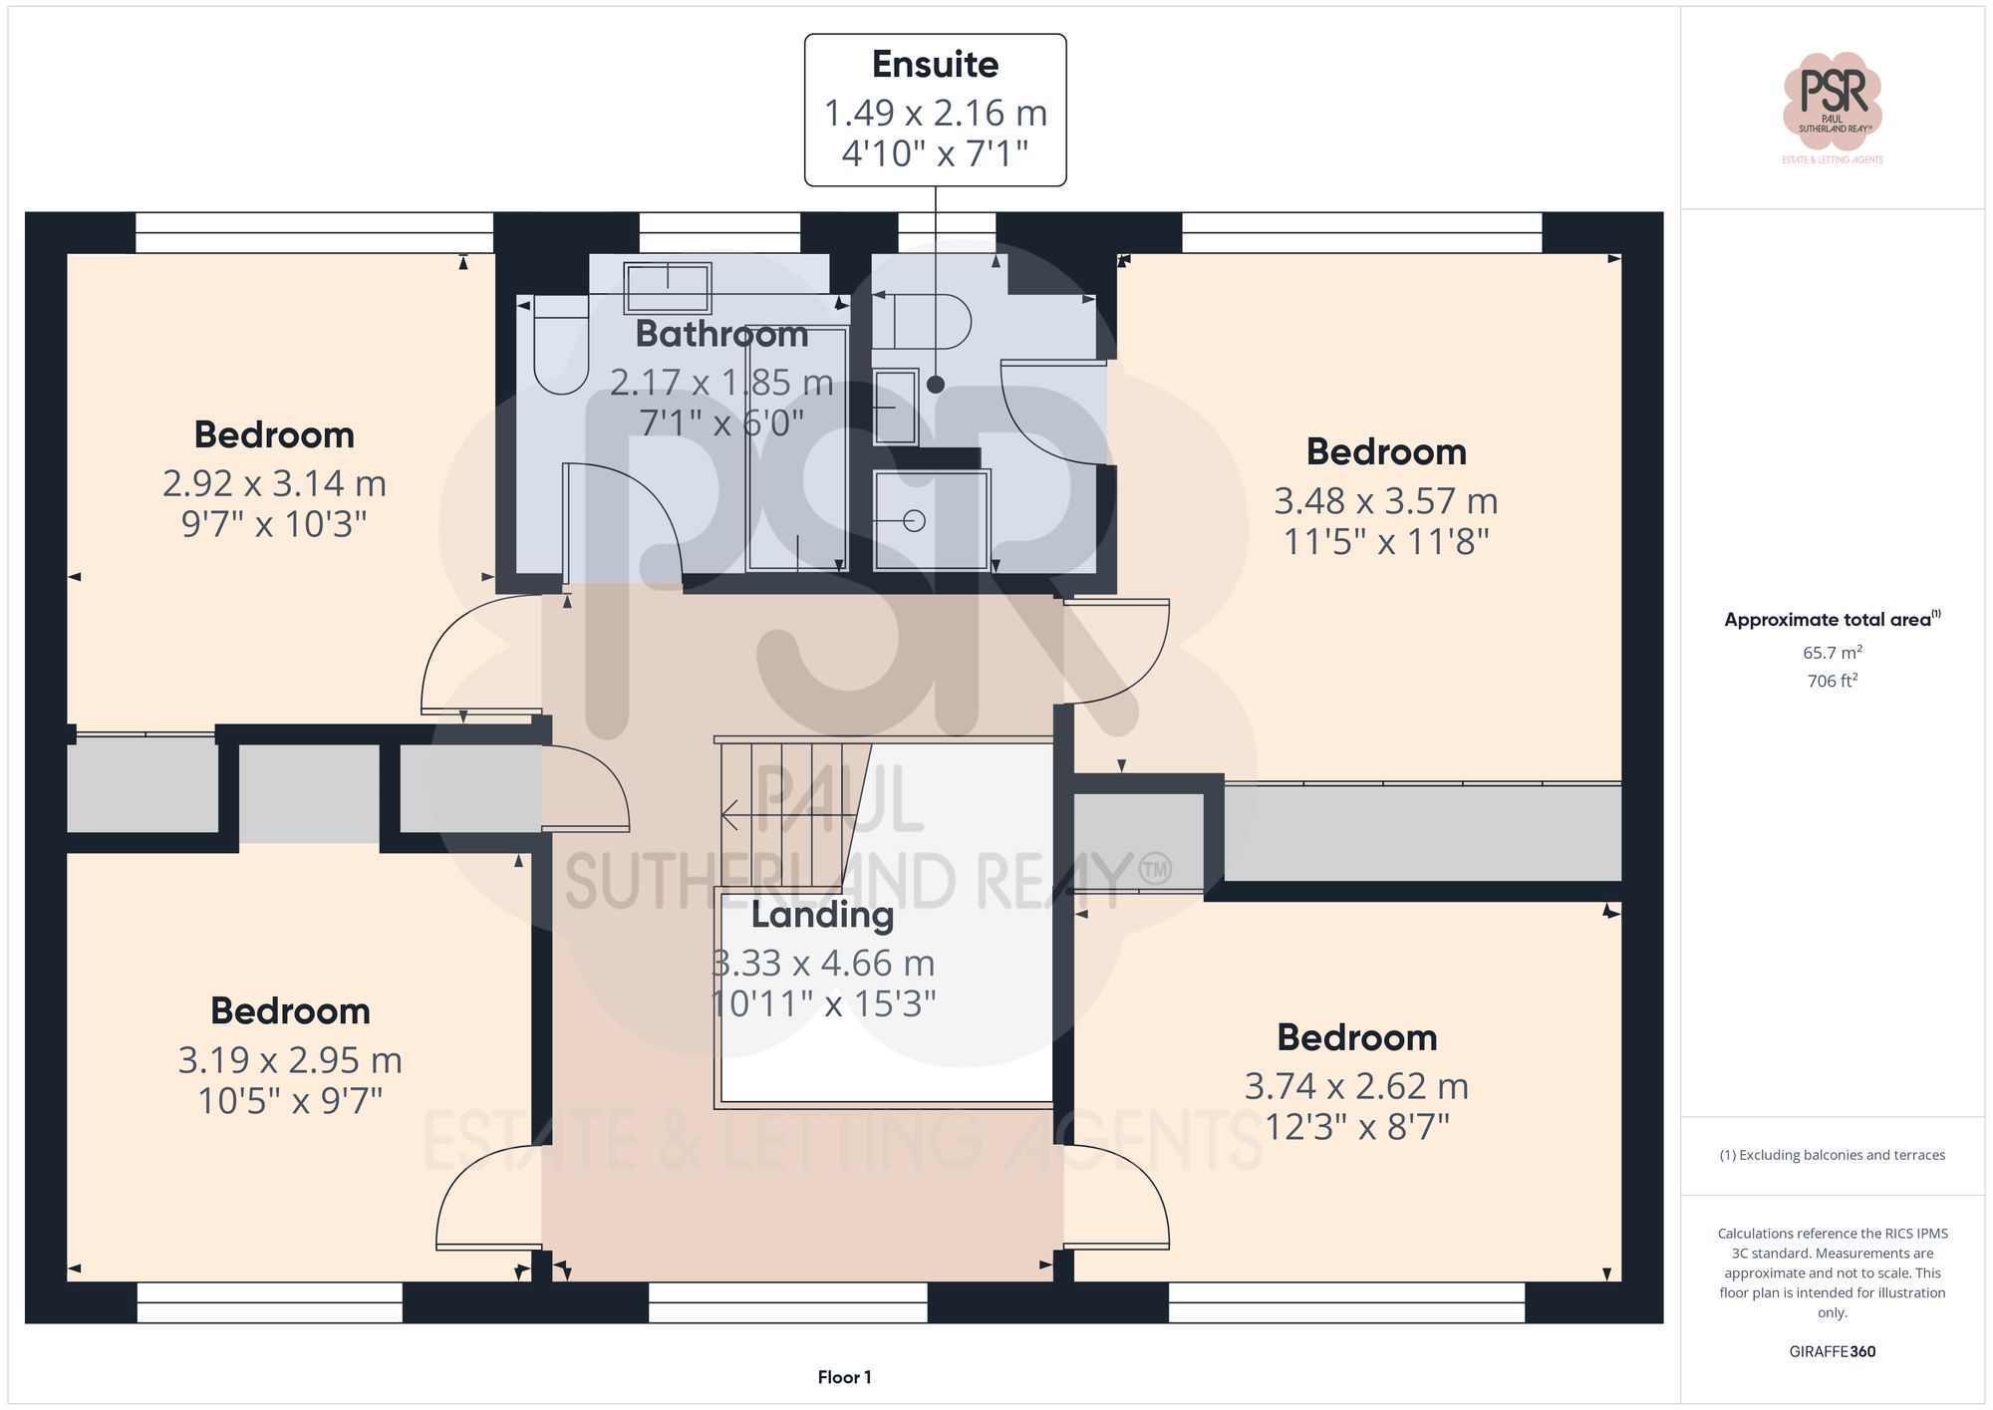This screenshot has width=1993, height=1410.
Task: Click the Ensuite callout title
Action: (935, 65)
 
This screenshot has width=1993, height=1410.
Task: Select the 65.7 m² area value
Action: (1832, 653)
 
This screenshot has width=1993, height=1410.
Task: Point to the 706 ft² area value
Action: (1832, 682)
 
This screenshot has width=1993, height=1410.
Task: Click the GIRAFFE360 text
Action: (1832, 1351)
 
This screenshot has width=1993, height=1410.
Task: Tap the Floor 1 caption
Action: (844, 1377)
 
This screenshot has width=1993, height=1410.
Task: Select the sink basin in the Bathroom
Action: (667, 287)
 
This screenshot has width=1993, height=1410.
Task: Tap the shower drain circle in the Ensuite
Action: (914, 520)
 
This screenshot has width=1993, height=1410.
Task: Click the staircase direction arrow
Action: (731, 815)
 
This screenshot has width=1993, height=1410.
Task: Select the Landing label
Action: (822, 914)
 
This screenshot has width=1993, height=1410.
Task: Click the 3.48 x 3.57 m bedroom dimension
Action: (1385, 500)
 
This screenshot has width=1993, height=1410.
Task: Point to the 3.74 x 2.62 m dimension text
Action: (1356, 1085)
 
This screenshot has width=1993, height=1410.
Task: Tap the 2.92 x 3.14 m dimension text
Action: (274, 483)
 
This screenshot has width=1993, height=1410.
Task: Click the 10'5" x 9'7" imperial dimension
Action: (290, 1101)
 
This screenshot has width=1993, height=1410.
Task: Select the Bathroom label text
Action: (721, 334)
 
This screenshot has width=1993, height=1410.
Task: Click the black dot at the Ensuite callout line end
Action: (935, 385)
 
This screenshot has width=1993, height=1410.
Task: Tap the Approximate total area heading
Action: (1830, 619)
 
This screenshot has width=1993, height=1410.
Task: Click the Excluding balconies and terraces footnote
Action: (1832, 1155)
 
